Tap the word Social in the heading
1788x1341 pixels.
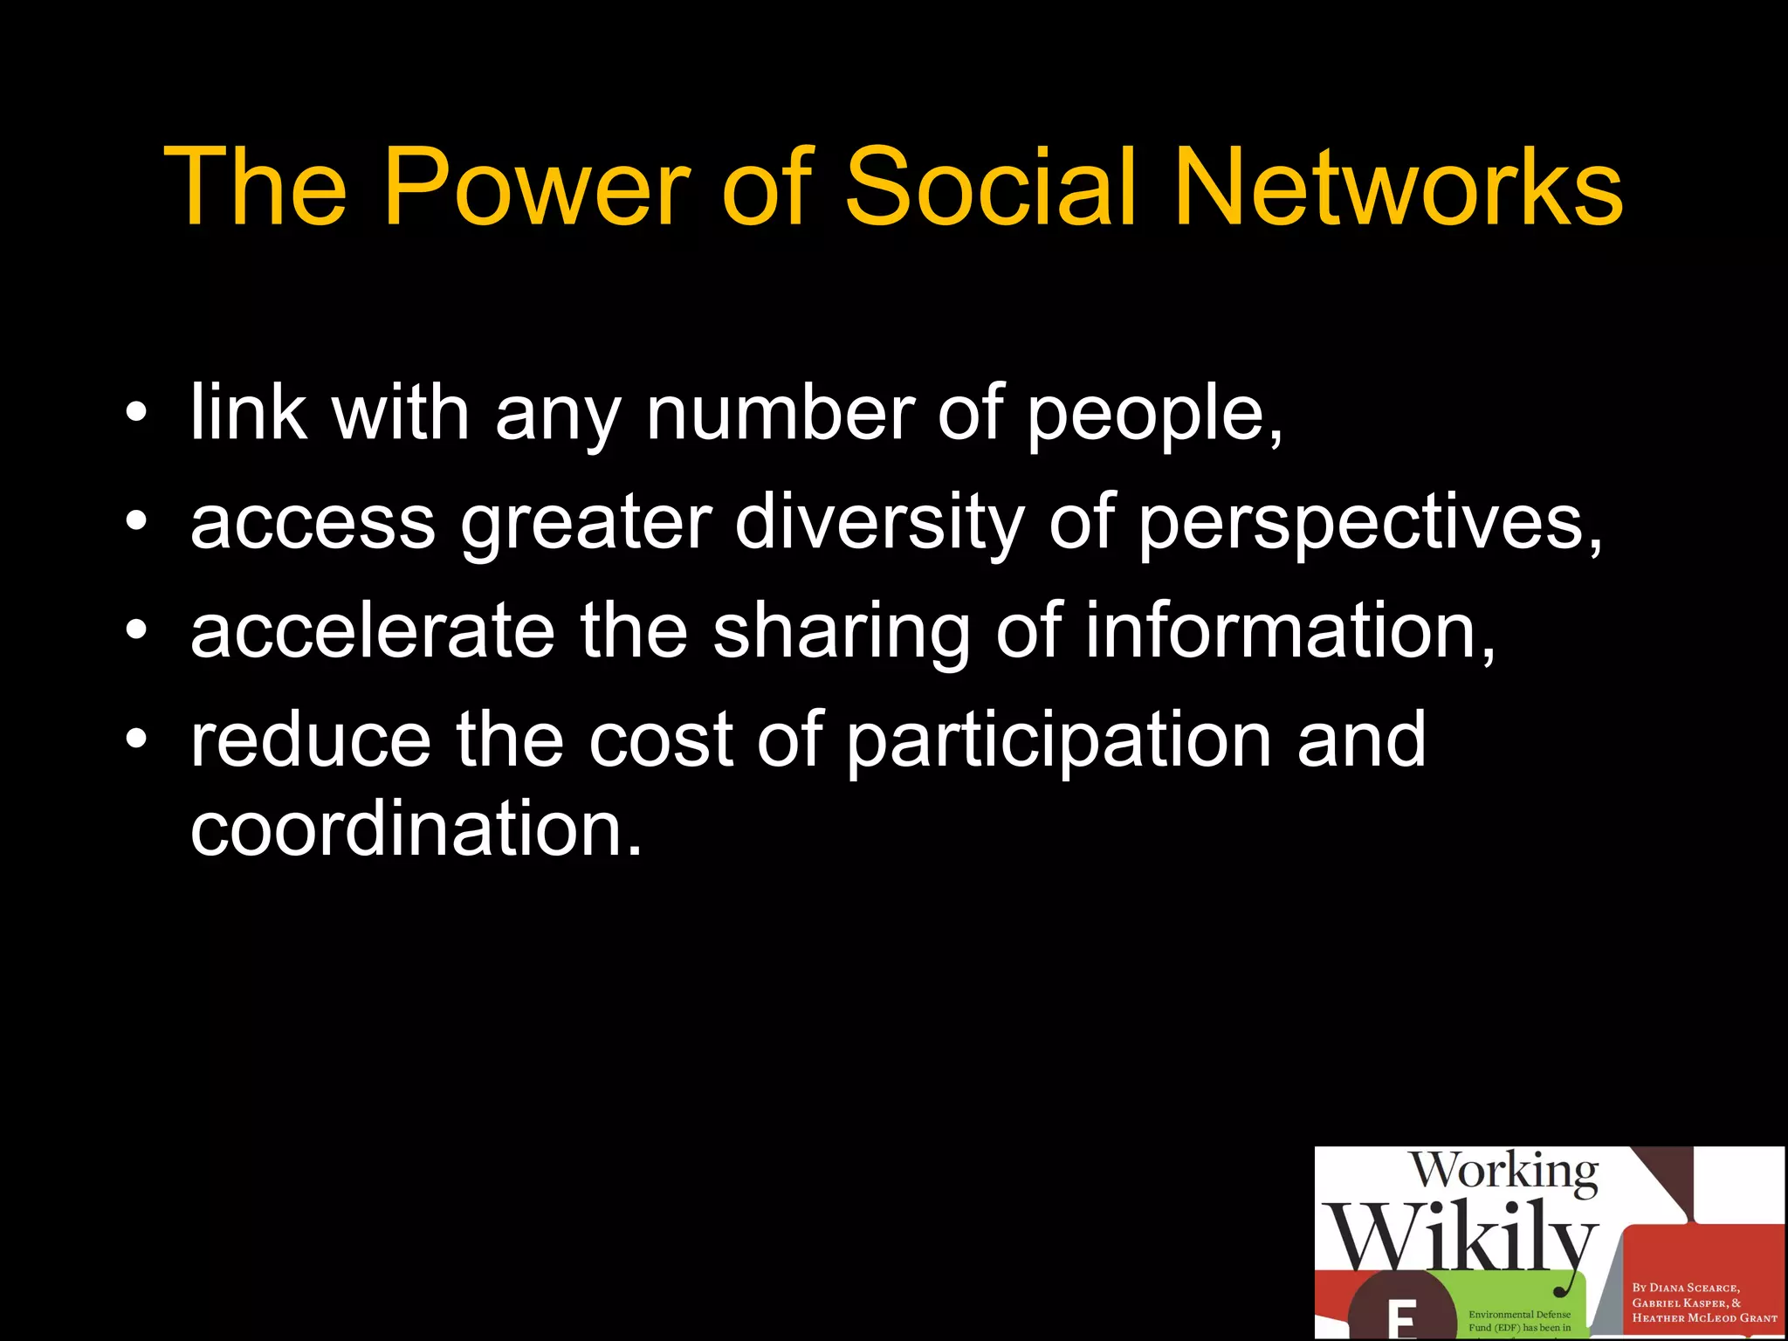(x=991, y=187)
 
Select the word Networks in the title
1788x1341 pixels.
(x=1398, y=187)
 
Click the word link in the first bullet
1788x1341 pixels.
(x=248, y=412)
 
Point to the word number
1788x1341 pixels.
(x=781, y=412)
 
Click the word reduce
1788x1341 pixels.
(x=311, y=740)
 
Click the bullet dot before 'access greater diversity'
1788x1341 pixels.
(x=136, y=522)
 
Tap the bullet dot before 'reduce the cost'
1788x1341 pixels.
(x=136, y=740)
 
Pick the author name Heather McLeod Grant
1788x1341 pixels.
(x=1704, y=1318)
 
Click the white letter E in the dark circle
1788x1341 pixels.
(x=1402, y=1321)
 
